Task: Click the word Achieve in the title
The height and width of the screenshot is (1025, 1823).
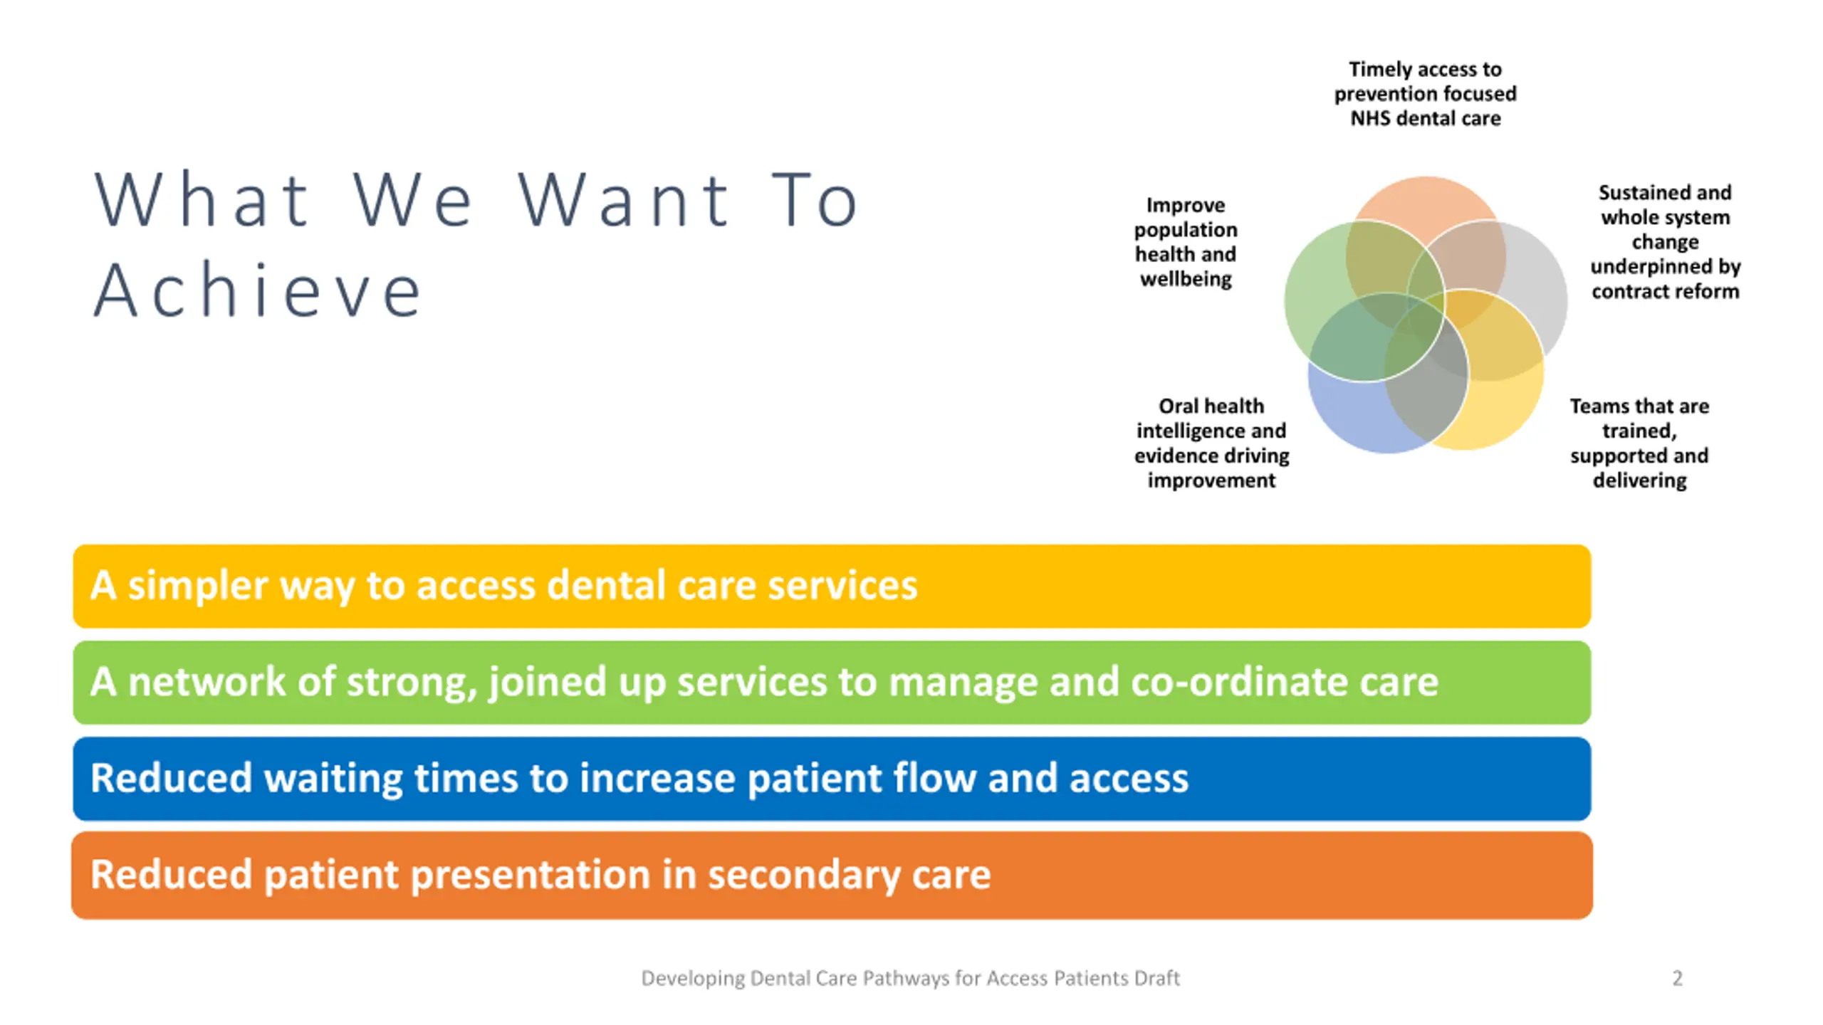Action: click(258, 290)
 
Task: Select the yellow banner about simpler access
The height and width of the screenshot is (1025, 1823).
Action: click(832, 586)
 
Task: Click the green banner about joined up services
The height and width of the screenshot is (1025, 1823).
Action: click(832, 682)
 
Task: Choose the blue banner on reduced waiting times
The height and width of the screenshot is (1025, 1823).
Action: click(832, 778)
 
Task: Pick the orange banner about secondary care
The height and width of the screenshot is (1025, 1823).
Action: click(832, 875)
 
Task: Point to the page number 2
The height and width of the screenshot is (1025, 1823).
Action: click(1677, 978)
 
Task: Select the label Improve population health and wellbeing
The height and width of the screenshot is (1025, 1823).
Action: click(1186, 242)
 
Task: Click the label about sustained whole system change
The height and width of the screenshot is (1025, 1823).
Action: click(1665, 242)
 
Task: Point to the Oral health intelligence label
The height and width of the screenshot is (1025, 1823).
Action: click(1211, 443)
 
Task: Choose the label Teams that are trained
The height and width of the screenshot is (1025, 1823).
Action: click(1639, 443)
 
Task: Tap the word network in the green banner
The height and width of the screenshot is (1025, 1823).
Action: click(207, 682)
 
